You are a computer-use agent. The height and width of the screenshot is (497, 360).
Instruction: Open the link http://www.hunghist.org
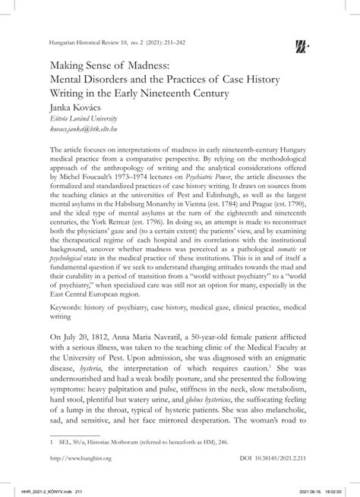click(80, 460)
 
